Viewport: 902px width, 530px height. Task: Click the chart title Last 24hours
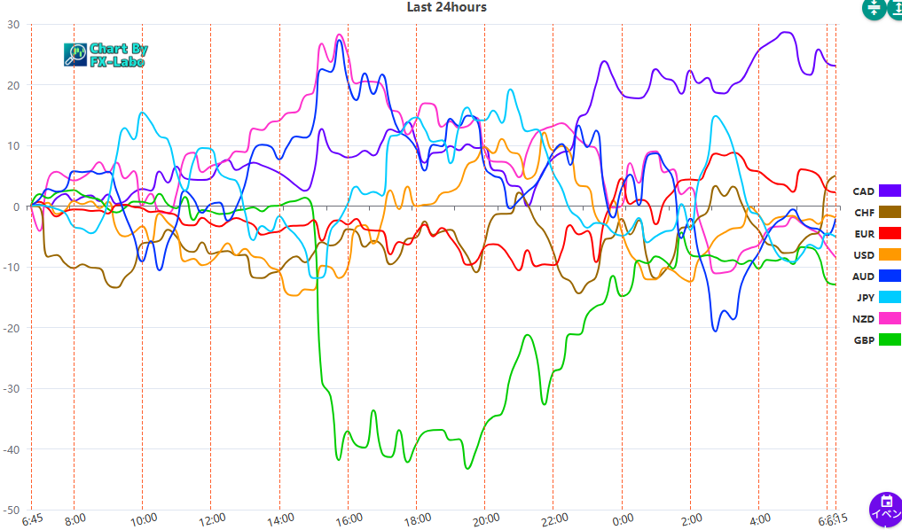pyautogui.click(x=446, y=7)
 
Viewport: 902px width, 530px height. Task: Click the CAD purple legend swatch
pyautogui.click(x=890, y=191)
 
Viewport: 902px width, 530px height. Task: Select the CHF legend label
pyautogui.click(x=864, y=213)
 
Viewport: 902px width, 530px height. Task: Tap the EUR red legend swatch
pyautogui.click(x=890, y=234)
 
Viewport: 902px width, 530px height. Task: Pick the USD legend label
pyautogui.click(x=864, y=255)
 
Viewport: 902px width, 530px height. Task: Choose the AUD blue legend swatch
pyautogui.click(x=890, y=277)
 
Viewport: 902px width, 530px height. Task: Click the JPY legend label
pyautogui.click(x=864, y=298)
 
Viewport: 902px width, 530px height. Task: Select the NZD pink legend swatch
pyautogui.click(x=890, y=318)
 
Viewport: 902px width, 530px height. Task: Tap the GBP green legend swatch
pyautogui.click(x=890, y=339)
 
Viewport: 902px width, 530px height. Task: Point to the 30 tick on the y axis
pyautogui.click(x=13, y=25)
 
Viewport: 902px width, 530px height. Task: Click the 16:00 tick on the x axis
pyautogui.click(x=349, y=518)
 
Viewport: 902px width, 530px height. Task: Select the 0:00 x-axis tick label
pyautogui.click(x=623, y=518)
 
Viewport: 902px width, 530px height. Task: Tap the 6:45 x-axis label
pyautogui.click(x=32, y=518)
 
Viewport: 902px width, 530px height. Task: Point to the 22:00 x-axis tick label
pyautogui.click(x=553, y=518)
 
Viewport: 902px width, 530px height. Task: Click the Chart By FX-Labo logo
pyautogui.click(x=106, y=55)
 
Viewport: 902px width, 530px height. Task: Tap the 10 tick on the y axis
pyautogui.click(x=13, y=146)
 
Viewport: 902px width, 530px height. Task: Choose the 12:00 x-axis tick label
pyautogui.click(x=212, y=518)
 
